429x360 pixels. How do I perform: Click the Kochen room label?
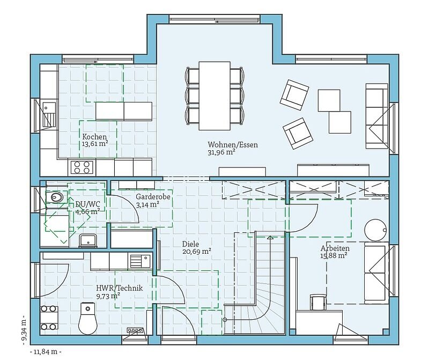tap(94, 137)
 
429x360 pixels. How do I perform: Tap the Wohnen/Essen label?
tap(233, 144)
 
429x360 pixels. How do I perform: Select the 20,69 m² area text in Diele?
tap(197, 252)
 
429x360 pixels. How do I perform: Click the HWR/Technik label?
tap(119, 288)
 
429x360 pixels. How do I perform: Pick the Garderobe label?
tap(153, 196)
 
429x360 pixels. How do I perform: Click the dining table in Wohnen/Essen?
tap(214, 96)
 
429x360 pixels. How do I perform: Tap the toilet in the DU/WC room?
tap(54, 197)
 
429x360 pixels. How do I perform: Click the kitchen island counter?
tap(124, 112)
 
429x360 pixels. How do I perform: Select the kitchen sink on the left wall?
tap(49, 114)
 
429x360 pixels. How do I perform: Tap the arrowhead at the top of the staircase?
tap(270, 237)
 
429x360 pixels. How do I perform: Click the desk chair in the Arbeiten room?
tap(318, 302)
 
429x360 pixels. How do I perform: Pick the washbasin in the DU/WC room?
tap(87, 241)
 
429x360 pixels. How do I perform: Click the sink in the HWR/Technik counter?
tap(140, 261)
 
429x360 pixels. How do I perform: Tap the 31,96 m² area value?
tap(221, 152)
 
